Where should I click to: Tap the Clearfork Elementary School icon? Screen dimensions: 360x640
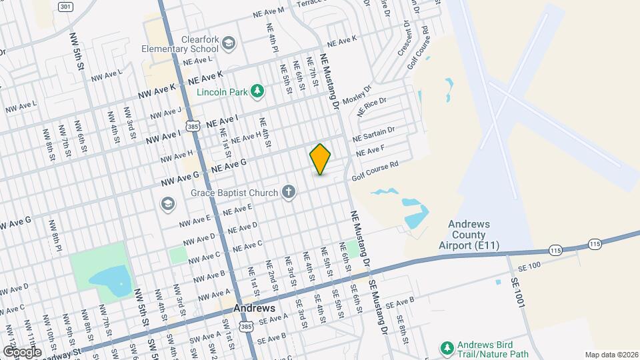pyautogui.click(x=230, y=44)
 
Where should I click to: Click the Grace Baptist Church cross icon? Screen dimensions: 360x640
pyautogui.click(x=289, y=193)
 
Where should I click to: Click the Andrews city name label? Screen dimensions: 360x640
pyautogui.click(x=254, y=309)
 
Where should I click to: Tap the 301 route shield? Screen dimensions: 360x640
pyautogui.click(x=65, y=7)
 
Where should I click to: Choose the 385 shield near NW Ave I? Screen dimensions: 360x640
pyautogui.click(x=193, y=126)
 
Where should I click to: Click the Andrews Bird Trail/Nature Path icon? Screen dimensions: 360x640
pyautogui.click(x=447, y=347)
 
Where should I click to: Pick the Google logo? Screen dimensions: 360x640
pyautogui.click(x=21, y=351)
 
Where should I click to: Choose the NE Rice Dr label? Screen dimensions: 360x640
pyautogui.click(x=372, y=106)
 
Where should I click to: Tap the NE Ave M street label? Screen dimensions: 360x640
pyautogui.click(x=269, y=12)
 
